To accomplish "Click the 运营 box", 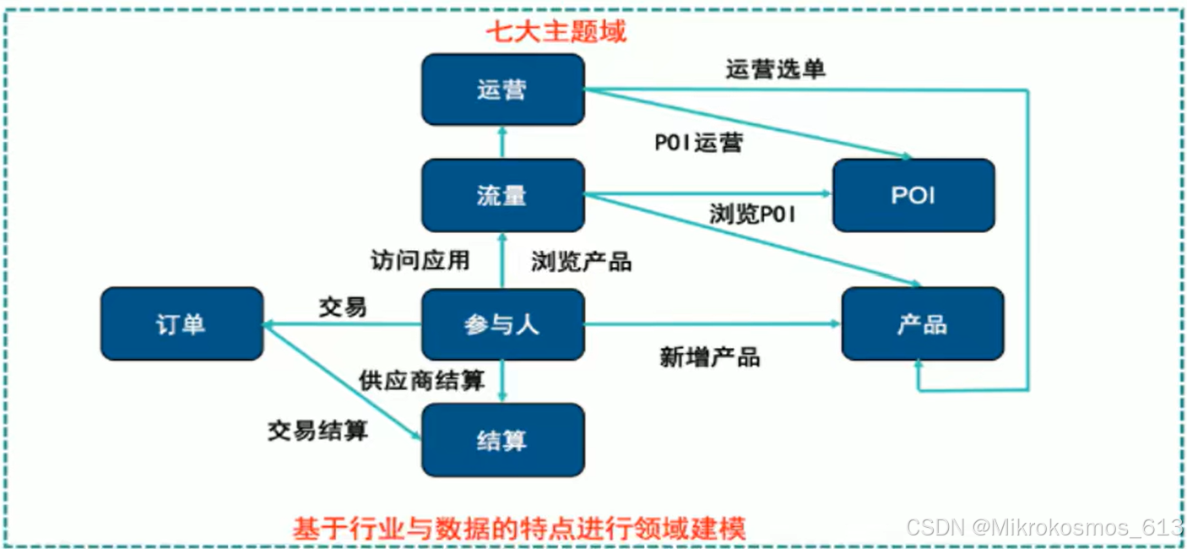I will point(502,90).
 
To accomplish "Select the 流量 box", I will point(502,195).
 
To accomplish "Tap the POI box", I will point(913,195).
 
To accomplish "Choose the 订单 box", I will point(182,323).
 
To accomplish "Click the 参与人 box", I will point(502,323).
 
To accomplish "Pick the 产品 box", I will point(922,323).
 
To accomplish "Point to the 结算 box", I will point(502,439).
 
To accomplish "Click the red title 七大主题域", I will point(556,32).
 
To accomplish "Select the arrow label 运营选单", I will point(775,69).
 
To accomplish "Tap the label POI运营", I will point(699,143).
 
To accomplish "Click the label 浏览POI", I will point(752,215).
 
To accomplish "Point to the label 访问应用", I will point(420,259).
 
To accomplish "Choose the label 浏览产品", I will point(581,262).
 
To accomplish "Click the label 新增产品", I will point(709,357).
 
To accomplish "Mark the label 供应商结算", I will point(421,381).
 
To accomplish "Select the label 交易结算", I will point(318,431).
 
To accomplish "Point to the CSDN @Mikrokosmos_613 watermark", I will point(1044,527).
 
